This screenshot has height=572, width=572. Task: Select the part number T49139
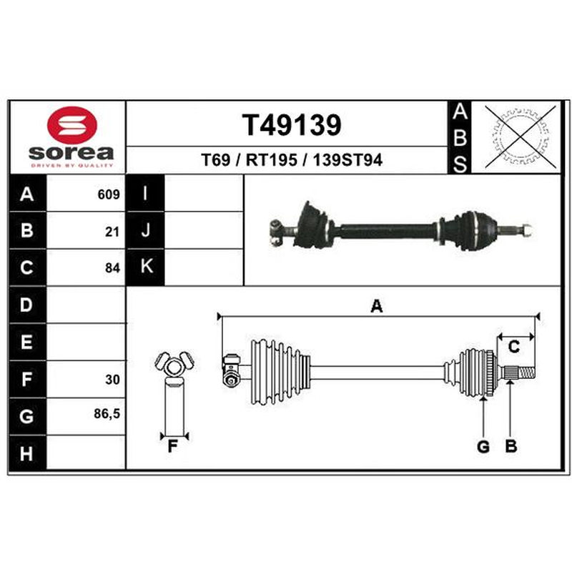(292, 125)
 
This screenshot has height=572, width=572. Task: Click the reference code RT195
(272, 159)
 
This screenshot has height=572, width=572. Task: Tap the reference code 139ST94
(347, 159)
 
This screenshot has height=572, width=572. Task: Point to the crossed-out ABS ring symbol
(521, 137)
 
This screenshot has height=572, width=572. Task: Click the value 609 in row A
(109, 194)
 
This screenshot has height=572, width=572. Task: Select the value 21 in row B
(112, 232)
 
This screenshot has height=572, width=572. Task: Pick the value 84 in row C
(112, 268)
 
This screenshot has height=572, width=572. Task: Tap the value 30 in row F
(112, 380)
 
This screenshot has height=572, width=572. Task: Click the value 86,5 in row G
(107, 414)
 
